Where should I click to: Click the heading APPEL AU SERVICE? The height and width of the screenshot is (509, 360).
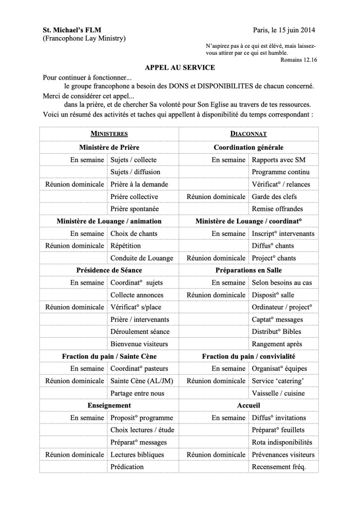point(180,68)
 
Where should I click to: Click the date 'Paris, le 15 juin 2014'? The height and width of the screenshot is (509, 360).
point(284,30)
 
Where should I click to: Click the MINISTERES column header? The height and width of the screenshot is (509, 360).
point(109,134)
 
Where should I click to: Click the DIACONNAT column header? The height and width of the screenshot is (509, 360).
point(248,134)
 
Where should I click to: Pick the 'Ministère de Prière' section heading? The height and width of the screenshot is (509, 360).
point(109,147)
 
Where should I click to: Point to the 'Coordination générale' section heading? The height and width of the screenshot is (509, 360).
point(248,147)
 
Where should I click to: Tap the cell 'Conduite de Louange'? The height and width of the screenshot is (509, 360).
point(141,258)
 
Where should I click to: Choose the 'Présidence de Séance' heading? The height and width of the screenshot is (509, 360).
point(109,270)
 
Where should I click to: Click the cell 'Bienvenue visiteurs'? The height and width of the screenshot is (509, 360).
point(139,344)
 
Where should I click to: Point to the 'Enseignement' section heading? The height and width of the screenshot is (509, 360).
point(109,405)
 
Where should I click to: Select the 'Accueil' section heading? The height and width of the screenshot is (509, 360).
point(248,405)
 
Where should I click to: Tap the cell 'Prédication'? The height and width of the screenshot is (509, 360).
point(127,467)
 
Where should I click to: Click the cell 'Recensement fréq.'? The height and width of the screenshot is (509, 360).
point(279,467)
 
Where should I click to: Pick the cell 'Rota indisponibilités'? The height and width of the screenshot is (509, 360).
point(282,442)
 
